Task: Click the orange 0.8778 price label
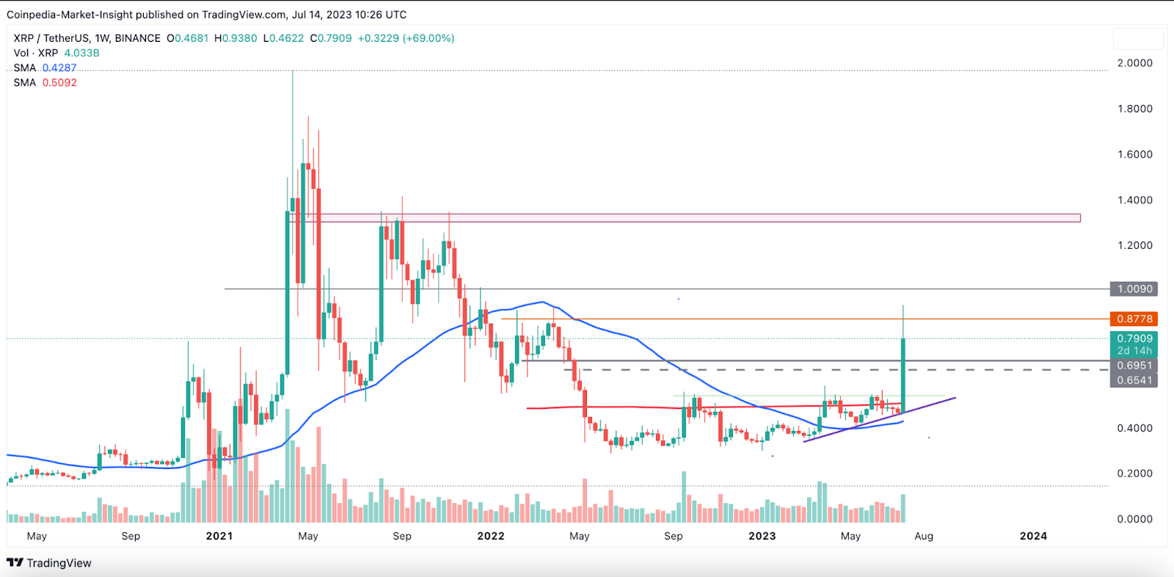(1134, 319)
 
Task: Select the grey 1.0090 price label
(1134, 289)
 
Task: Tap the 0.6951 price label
(1134, 366)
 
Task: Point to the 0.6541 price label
(1134, 380)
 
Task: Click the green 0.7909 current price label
(1134, 339)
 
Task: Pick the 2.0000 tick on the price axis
(1134, 63)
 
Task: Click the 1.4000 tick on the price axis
(1134, 200)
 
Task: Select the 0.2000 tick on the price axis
(1134, 473)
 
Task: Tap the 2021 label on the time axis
(219, 536)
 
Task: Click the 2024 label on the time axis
(1033, 536)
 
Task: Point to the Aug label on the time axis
(924, 536)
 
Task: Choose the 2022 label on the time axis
(491, 536)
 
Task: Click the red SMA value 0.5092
(59, 82)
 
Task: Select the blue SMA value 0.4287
(59, 68)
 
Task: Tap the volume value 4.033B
(81, 53)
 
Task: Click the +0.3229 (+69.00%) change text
(406, 38)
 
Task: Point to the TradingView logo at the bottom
(49, 563)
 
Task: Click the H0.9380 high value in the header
(236, 38)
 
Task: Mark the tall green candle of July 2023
(903, 374)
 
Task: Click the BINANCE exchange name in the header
(137, 38)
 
